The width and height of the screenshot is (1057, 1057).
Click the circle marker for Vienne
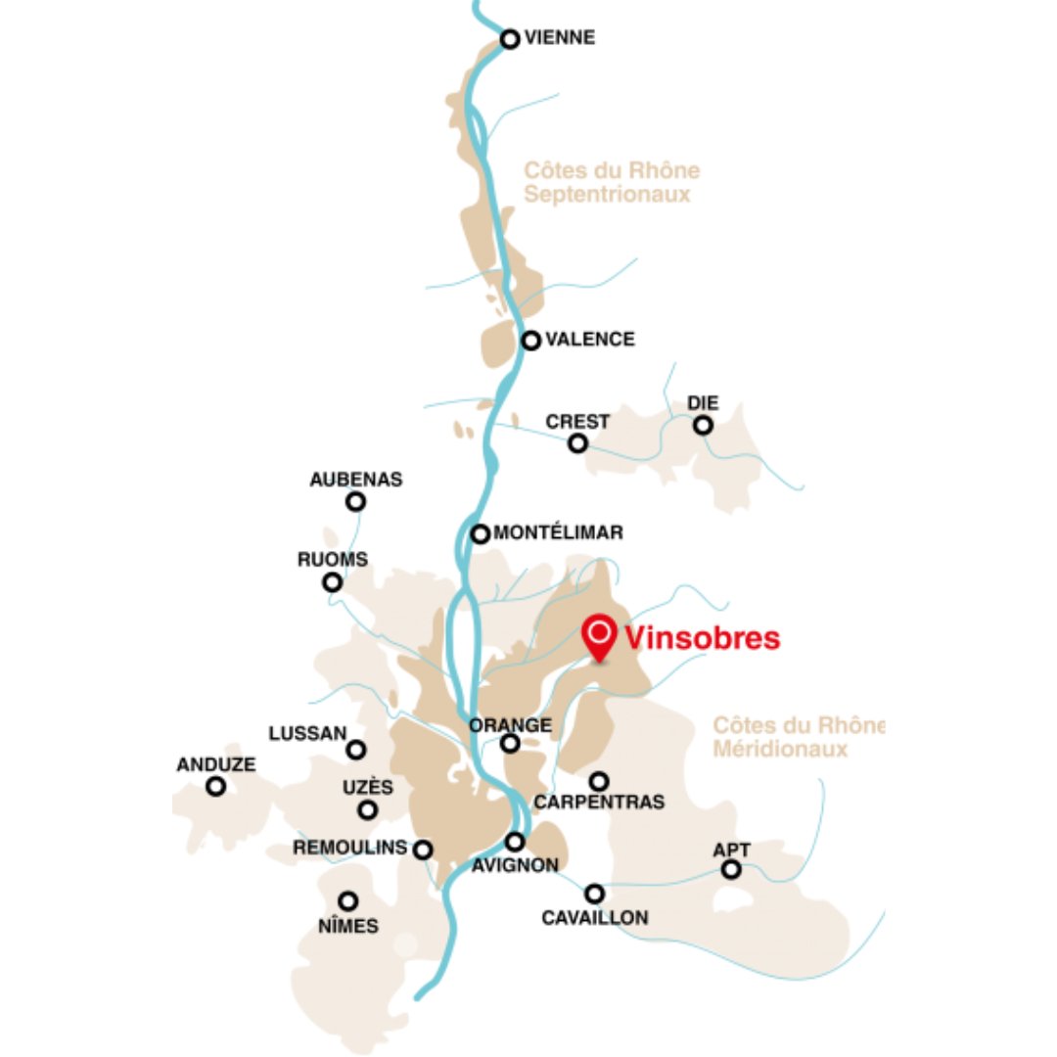[510, 39]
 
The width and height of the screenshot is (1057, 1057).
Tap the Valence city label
[589, 340]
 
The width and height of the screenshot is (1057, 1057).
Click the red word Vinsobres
[702, 639]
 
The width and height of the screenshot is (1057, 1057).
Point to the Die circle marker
[703, 425]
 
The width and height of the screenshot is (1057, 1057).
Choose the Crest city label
[577, 422]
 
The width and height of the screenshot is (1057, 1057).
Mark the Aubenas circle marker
[356, 501]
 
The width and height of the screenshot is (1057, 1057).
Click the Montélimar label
[559, 533]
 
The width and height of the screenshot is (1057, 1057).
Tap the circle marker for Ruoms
[333, 582]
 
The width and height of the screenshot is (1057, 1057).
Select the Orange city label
[511, 725]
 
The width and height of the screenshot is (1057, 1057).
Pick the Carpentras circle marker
[599, 781]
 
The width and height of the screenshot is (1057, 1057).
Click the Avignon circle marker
[515, 842]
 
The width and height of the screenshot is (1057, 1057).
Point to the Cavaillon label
[595, 918]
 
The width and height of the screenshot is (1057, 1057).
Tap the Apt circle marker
[731, 869]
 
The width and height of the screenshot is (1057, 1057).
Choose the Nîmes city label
[348, 925]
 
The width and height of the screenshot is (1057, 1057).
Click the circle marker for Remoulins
[423, 850]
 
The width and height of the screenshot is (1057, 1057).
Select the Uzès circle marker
[368, 809]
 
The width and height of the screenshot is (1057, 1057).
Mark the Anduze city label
[216, 765]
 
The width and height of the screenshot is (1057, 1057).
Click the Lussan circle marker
[356, 750]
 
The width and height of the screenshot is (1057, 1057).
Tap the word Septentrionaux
[607, 194]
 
